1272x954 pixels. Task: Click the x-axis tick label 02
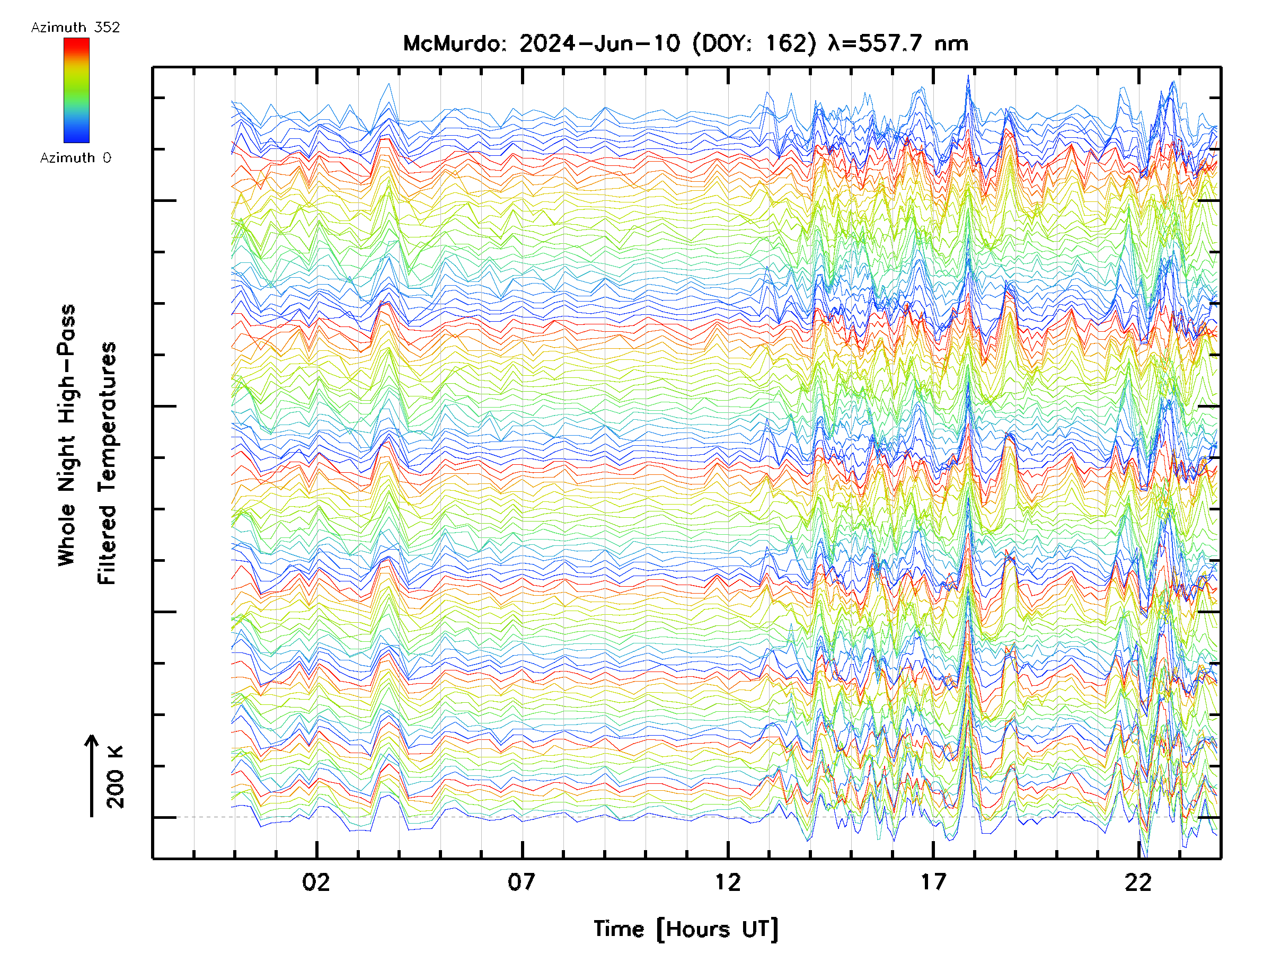tap(316, 882)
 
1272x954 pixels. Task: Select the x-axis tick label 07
tap(522, 882)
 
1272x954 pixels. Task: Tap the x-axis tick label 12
tap(728, 882)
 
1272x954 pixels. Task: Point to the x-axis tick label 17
tap(933, 882)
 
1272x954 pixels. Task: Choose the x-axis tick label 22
tap(1138, 882)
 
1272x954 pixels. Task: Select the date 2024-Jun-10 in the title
tap(599, 43)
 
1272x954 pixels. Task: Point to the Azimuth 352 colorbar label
tap(75, 28)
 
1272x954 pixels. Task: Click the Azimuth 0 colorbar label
tap(75, 157)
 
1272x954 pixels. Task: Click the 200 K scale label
tap(116, 776)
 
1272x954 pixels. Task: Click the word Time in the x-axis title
tap(619, 929)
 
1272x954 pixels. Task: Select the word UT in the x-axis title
tap(756, 929)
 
